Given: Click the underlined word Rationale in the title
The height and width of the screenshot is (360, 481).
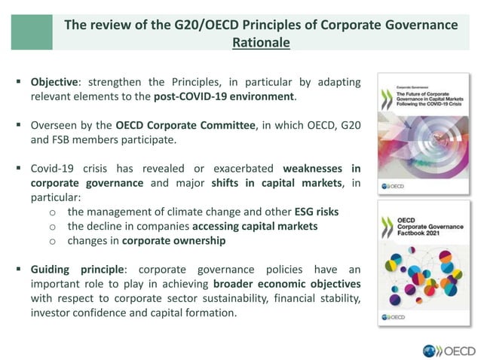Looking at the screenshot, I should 261,43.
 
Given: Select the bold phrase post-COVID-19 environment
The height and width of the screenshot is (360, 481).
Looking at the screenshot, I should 224,96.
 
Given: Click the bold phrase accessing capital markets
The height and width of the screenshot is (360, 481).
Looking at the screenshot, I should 255,226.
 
